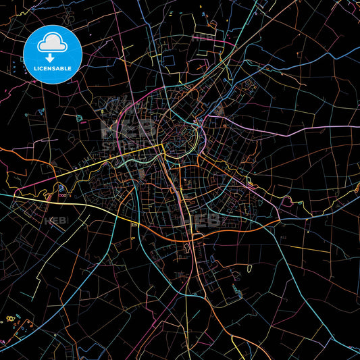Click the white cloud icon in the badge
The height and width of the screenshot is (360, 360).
(53, 43)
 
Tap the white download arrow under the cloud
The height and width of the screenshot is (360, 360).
(53, 58)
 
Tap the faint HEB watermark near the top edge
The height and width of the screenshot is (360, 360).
(203, 38)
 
